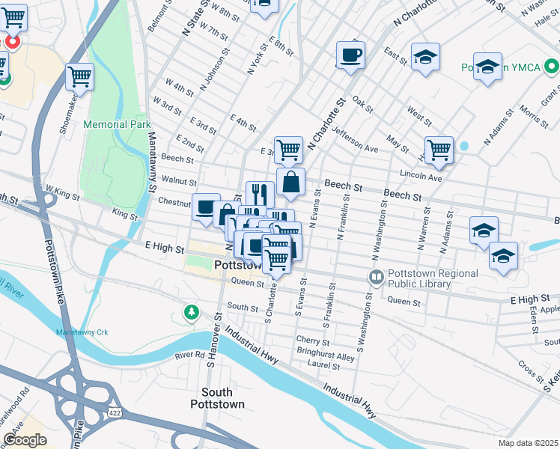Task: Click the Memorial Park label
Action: (117, 124)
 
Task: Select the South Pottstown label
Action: (227, 398)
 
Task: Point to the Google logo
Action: (25, 440)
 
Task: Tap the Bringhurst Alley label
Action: (325, 357)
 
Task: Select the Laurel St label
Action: (325, 367)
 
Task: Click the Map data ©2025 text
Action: (528, 443)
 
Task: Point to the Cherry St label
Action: (312, 341)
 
